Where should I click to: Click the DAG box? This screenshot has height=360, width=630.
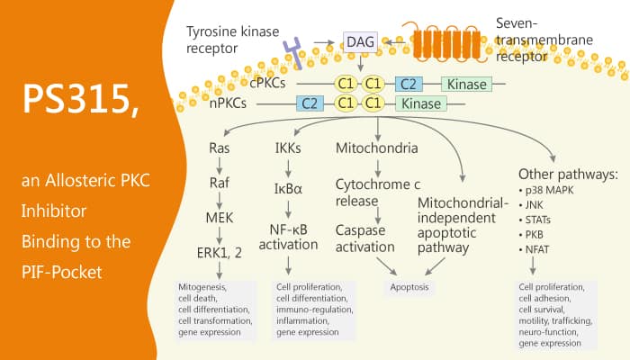coord(357,40)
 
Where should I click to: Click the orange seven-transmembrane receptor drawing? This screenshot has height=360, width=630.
coord(448,39)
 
